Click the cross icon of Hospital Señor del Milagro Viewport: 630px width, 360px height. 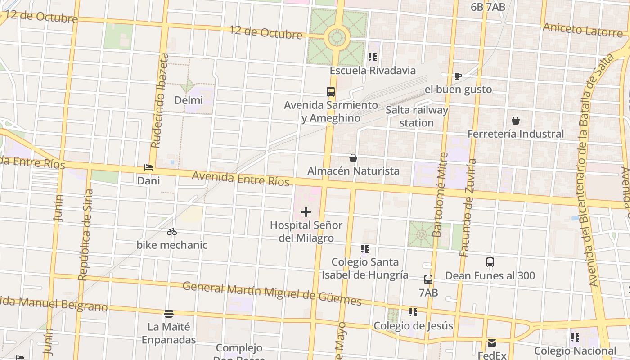coord(306,211)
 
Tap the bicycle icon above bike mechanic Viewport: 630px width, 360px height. coord(172,232)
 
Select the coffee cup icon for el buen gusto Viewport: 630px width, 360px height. coord(458,76)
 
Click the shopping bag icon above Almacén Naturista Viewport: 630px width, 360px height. coord(353,158)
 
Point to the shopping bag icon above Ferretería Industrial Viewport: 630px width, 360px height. coord(516,121)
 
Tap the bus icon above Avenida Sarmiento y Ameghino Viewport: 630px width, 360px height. coord(331,92)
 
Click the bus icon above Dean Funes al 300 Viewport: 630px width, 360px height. coord(490,262)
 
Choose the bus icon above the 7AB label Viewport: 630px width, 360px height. coord(428,279)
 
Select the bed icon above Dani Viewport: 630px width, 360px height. coord(148,167)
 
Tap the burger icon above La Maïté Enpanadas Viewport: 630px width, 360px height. coord(169,313)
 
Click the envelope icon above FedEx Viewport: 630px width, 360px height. coord(492,343)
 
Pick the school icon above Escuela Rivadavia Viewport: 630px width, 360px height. coord(373,57)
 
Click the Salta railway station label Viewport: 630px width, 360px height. coord(417,117)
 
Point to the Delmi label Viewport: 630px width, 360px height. coord(189,100)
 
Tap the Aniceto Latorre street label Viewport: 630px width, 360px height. coord(582,30)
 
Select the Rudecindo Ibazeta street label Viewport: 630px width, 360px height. coord(160,101)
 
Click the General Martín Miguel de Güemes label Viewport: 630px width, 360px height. coord(272,293)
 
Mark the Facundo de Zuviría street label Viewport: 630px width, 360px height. coord(468,207)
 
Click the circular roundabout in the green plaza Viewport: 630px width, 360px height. coord(337,37)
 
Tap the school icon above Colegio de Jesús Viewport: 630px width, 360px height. coord(413,312)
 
